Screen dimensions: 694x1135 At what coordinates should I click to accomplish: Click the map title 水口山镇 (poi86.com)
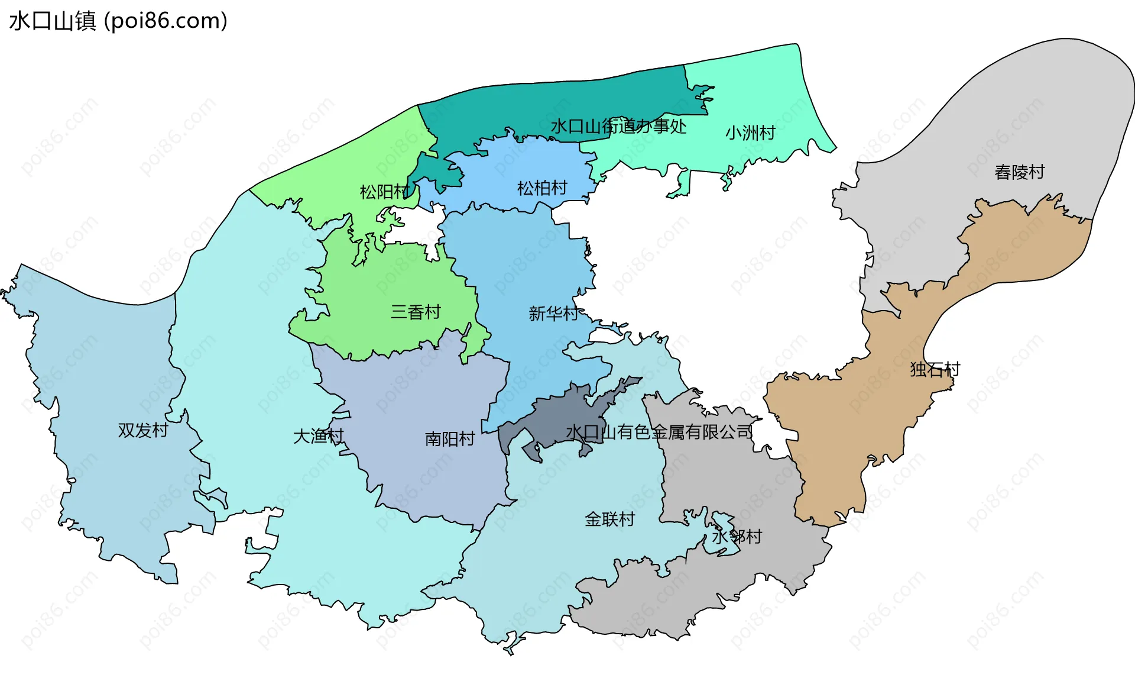(x=118, y=21)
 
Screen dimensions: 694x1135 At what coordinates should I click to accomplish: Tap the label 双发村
(x=143, y=430)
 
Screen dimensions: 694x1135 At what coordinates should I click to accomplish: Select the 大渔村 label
(x=319, y=437)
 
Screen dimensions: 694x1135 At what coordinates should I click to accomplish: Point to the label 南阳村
(x=450, y=439)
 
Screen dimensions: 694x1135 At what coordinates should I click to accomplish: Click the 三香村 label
(x=416, y=312)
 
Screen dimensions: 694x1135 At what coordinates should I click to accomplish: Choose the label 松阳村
(x=384, y=192)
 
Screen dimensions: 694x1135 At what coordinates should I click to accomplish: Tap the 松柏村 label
(x=542, y=188)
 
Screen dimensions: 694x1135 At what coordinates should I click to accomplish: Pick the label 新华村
(x=553, y=313)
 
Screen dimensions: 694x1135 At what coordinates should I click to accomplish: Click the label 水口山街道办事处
(x=618, y=126)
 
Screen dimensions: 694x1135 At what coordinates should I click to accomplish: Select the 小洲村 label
(x=750, y=133)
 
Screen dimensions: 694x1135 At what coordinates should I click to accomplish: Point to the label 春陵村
(x=1020, y=172)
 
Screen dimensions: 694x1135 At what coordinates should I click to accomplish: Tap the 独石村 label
(x=935, y=370)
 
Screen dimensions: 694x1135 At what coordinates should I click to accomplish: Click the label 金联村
(x=609, y=519)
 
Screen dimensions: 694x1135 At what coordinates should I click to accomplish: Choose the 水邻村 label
(x=737, y=537)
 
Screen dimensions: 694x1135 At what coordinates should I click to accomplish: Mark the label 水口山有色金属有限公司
(x=659, y=432)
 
